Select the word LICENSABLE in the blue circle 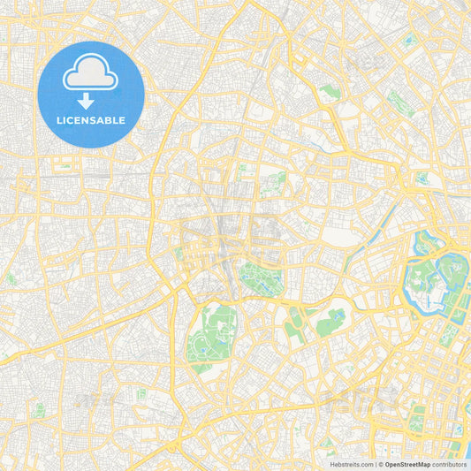click(x=91, y=118)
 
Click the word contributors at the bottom click(x=450, y=464)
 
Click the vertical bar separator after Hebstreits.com click(x=375, y=464)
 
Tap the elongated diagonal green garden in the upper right click(x=399, y=103)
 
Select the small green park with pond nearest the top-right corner click(x=407, y=40)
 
